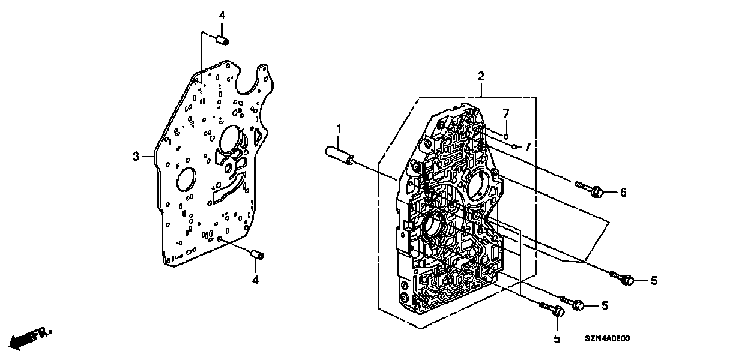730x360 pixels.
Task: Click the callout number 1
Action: pyautogui.click(x=339, y=128)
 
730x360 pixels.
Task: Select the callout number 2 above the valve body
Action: pyautogui.click(x=480, y=76)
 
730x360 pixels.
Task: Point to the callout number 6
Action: pyautogui.click(x=623, y=192)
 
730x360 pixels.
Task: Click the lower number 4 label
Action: pyautogui.click(x=255, y=280)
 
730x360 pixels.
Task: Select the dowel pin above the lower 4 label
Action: pyautogui.click(x=256, y=256)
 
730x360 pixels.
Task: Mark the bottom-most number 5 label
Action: pyautogui.click(x=557, y=339)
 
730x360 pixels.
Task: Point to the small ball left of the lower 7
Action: pyautogui.click(x=515, y=146)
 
